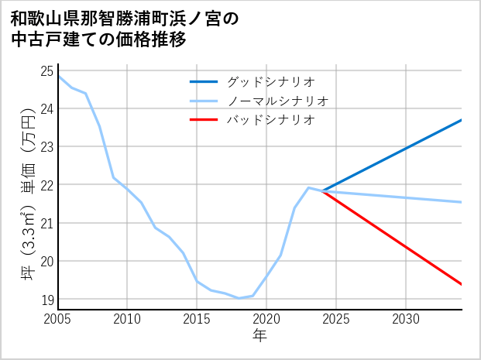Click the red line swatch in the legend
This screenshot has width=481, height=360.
click(204, 120)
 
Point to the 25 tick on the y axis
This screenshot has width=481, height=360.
click(46, 70)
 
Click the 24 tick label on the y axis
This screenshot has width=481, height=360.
click(46, 108)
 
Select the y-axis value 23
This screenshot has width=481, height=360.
click(46, 146)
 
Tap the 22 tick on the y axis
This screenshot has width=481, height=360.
click(46, 185)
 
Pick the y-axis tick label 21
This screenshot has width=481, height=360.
click(46, 223)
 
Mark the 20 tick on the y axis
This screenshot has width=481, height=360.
click(46, 261)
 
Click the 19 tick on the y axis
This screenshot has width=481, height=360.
click(46, 300)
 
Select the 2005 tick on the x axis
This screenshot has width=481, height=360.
click(58, 318)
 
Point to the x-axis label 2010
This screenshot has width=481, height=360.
click(127, 318)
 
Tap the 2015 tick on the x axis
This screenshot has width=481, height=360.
click(197, 318)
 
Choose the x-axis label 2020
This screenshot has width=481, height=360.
click(266, 318)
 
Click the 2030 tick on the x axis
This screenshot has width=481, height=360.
click(406, 318)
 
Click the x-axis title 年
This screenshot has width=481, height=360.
click(259, 335)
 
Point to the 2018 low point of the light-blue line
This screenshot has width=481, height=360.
click(239, 298)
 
